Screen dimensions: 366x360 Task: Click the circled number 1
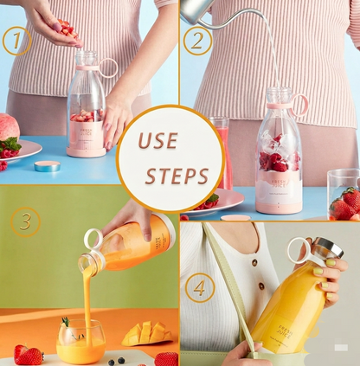click(15, 40)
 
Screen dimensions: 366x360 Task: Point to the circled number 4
click(201, 286)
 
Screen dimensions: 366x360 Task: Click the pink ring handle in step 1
click(108, 67)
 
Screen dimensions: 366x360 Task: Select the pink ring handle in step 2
click(299, 105)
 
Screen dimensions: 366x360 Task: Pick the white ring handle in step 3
click(92, 239)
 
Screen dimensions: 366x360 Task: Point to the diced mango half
click(145, 333)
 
